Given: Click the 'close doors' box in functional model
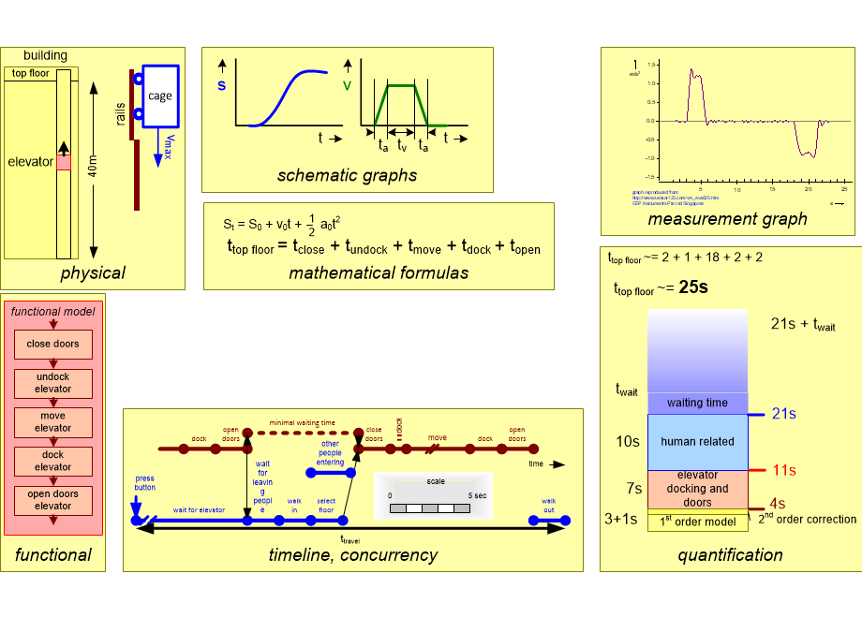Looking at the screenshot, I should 53,344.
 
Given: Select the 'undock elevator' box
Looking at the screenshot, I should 53,383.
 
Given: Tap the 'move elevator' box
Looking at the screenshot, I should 53,422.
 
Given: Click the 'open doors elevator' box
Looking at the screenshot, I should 53,500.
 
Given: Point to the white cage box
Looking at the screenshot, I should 160,96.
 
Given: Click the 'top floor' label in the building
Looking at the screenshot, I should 31,73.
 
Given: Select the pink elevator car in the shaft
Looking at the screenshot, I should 64,163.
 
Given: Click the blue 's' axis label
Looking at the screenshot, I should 221,85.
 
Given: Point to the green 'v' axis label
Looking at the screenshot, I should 348,85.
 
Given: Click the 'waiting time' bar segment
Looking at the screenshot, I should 697,403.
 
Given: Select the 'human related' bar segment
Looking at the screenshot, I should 697,442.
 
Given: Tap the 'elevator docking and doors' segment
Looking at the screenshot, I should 697,489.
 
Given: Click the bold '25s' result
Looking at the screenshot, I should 694,287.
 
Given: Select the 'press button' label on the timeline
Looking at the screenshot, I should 144,482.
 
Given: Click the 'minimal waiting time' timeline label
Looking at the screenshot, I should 302,423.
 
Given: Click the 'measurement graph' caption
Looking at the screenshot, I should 727,219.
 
